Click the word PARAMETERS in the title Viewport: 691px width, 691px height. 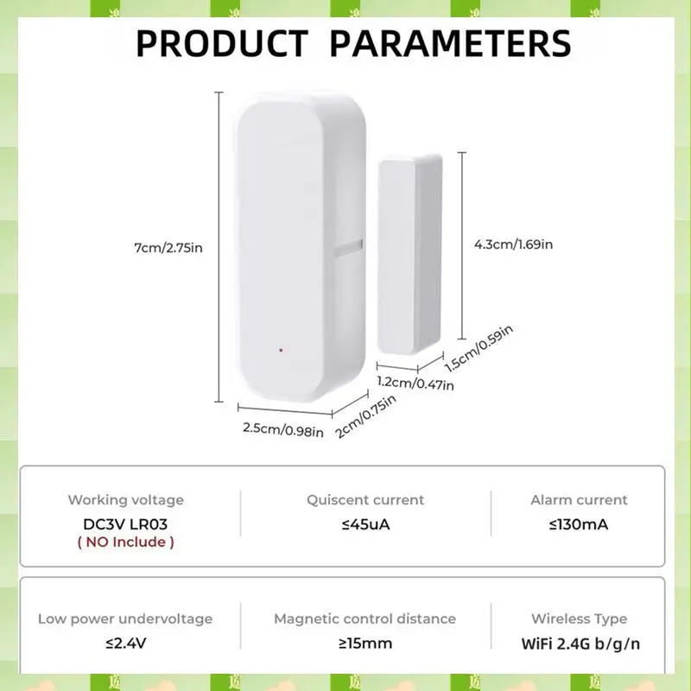coord(450,42)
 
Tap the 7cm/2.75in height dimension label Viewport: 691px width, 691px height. coord(168,248)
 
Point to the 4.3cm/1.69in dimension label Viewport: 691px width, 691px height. coord(513,244)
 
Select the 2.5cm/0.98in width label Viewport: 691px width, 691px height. coord(282,429)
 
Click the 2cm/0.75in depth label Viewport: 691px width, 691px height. coord(366,416)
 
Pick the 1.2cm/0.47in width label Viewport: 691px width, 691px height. coord(415,383)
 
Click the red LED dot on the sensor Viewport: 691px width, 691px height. coord(281,351)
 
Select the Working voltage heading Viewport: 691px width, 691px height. coord(126,500)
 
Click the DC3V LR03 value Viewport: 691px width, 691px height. coord(126,522)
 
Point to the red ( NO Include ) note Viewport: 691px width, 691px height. coord(126,542)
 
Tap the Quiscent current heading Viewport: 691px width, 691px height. coord(365,500)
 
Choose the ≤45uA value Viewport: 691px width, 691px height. coord(365,523)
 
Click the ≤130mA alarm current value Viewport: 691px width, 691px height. coord(579,523)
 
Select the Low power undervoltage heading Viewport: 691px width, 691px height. coord(125,619)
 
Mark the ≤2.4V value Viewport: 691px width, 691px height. coord(125,643)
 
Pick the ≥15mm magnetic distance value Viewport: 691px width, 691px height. coord(365,643)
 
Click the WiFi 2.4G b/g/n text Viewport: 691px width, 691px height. coord(579,643)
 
